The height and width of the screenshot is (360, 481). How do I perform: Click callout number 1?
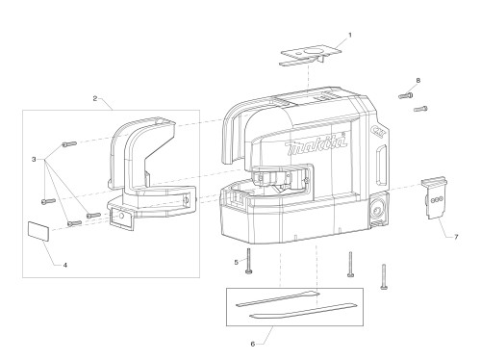point(350,35)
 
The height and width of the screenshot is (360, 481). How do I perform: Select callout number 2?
point(95,98)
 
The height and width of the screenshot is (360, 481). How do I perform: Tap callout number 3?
point(34,159)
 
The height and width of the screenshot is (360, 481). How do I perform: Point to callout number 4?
point(65,265)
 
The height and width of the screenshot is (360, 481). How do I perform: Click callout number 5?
point(237,263)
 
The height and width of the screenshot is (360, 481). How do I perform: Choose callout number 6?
point(253,344)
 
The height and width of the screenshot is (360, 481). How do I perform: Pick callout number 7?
point(456,237)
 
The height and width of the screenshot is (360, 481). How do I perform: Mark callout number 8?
point(418,81)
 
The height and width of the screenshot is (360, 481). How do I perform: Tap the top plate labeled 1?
point(311,56)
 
